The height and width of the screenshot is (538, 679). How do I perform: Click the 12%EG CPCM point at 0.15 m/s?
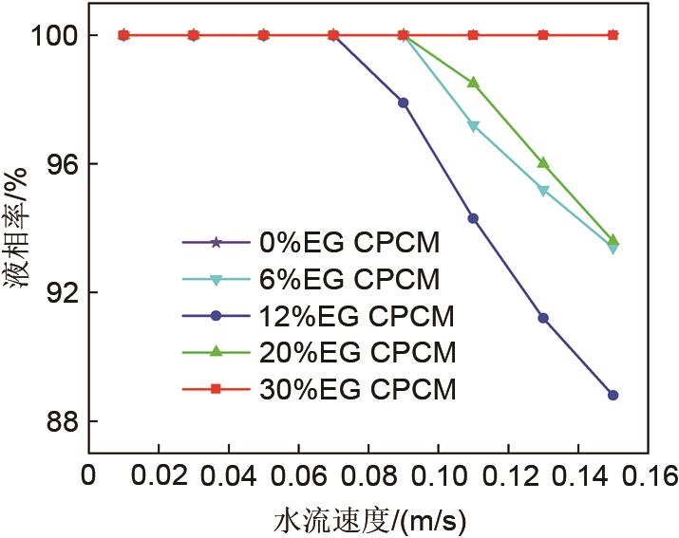pos(613,395)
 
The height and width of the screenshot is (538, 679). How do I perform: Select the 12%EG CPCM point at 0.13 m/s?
pos(543,318)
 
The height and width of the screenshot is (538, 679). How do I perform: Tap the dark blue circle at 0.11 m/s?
pos(473,218)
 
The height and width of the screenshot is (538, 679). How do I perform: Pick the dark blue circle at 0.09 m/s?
pos(403,102)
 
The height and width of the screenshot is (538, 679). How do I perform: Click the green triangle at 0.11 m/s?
pos(473,83)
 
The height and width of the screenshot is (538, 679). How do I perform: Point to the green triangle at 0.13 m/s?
pos(543,163)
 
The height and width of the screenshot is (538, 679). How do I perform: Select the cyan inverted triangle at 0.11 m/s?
pos(473,126)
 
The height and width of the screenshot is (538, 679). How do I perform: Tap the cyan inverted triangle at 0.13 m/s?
pos(543,191)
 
